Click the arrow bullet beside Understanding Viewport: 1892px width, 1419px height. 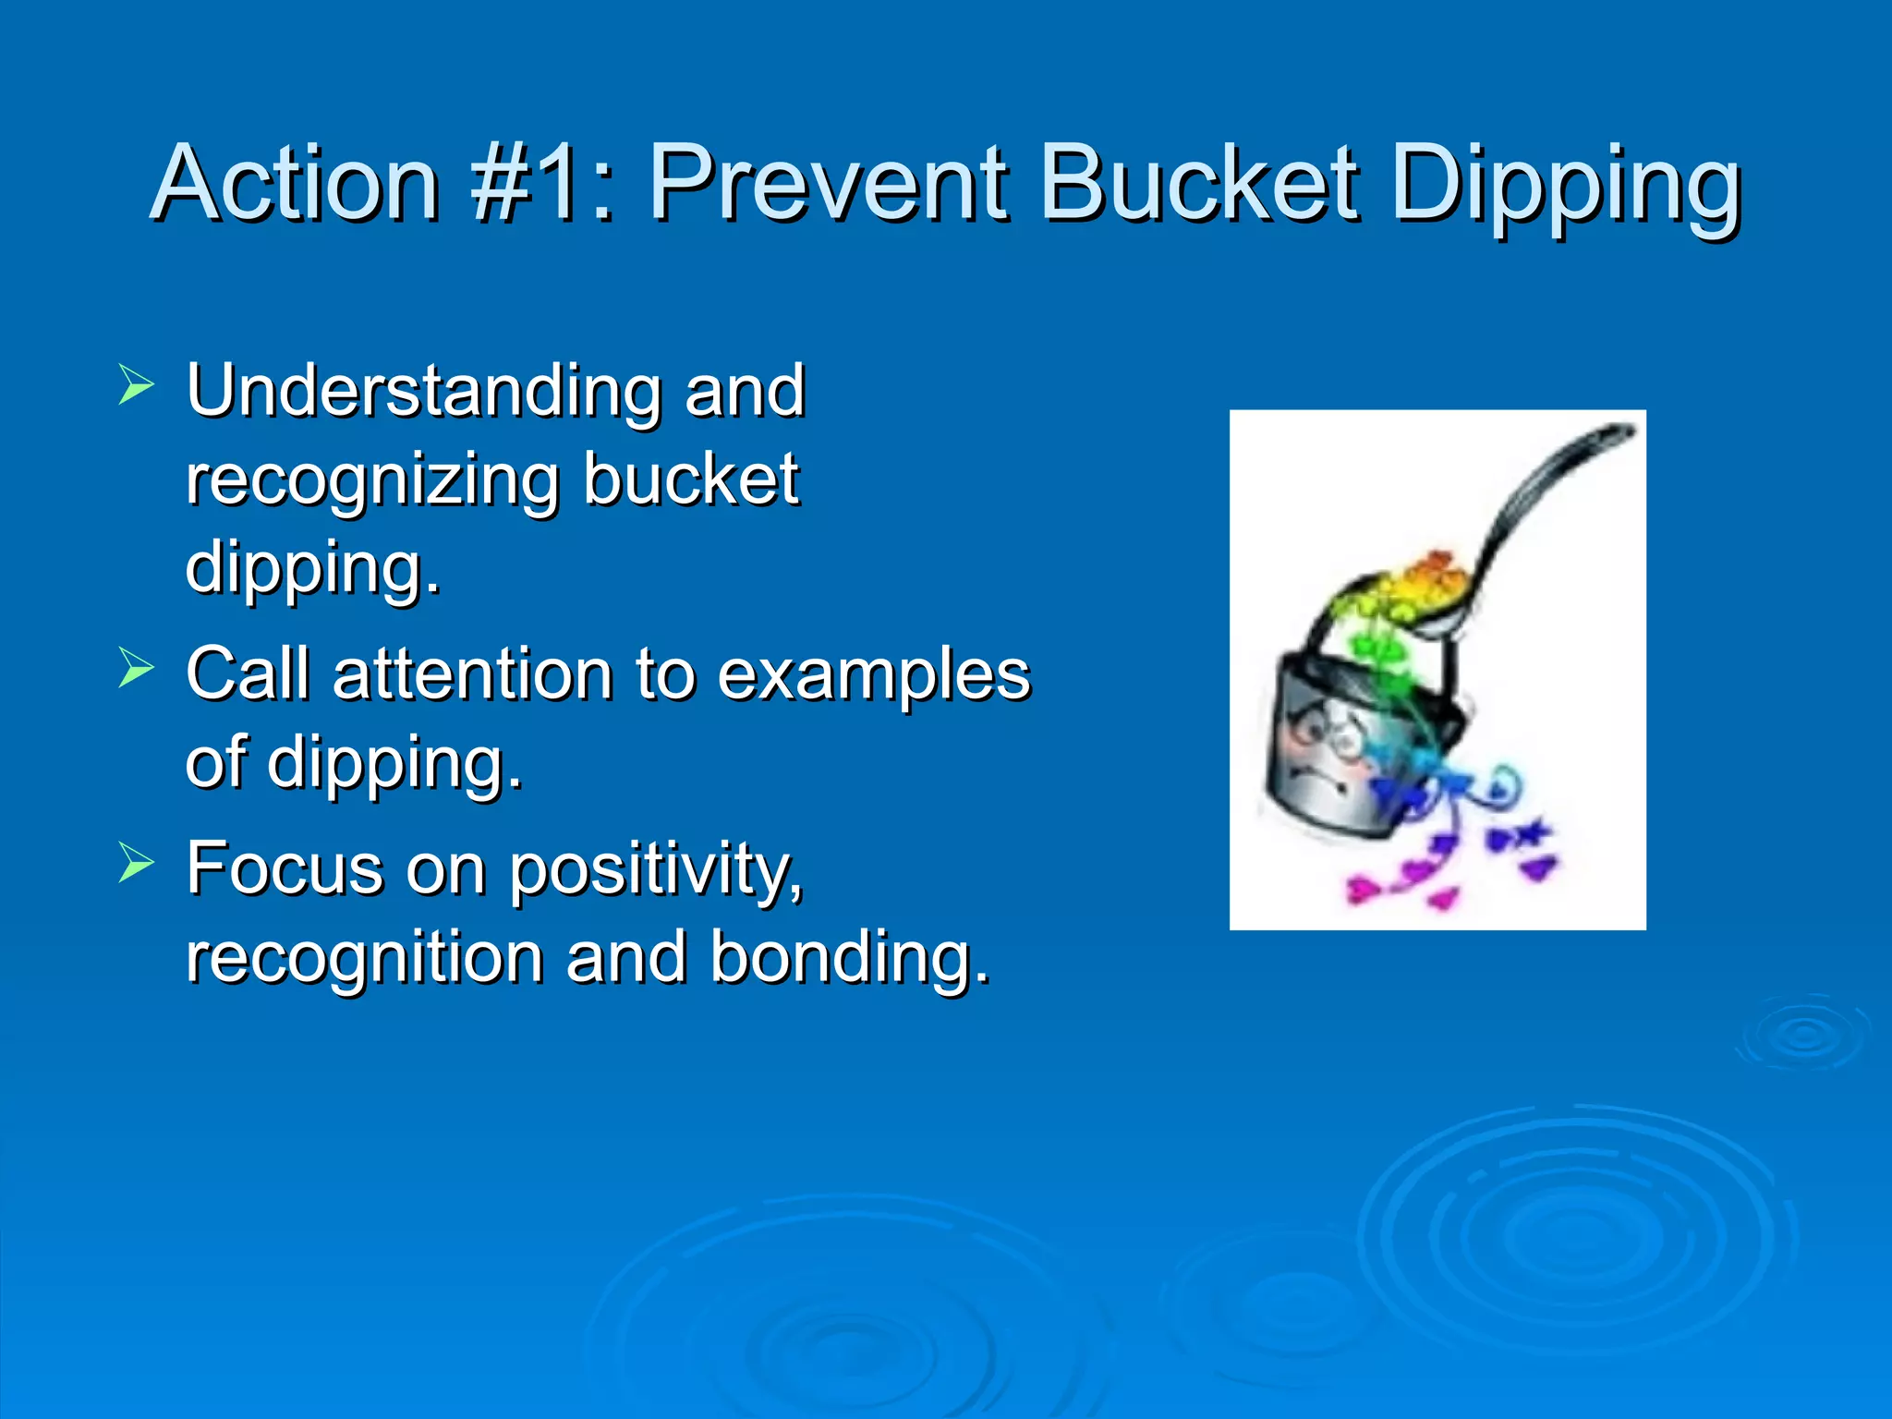click(x=136, y=385)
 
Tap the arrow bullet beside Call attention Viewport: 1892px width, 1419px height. click(x=136, y=668)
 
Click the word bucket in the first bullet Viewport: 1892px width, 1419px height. click(x=690, y=480)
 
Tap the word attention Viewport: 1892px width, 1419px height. click(x=472, y=674)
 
